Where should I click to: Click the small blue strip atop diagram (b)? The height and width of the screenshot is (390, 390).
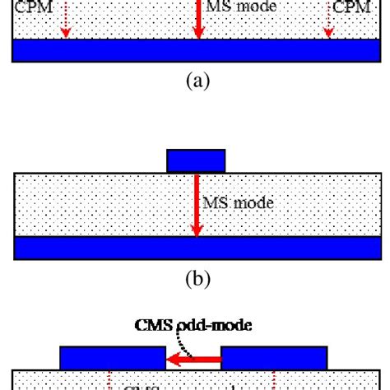196,160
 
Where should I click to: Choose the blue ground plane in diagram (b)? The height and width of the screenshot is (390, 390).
195,248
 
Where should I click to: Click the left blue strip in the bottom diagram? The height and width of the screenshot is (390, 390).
113,358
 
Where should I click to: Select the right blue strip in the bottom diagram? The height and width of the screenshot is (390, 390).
275,358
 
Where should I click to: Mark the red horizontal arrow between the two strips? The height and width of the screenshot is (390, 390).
194,358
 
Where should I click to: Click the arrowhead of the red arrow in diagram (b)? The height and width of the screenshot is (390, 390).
197,230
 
